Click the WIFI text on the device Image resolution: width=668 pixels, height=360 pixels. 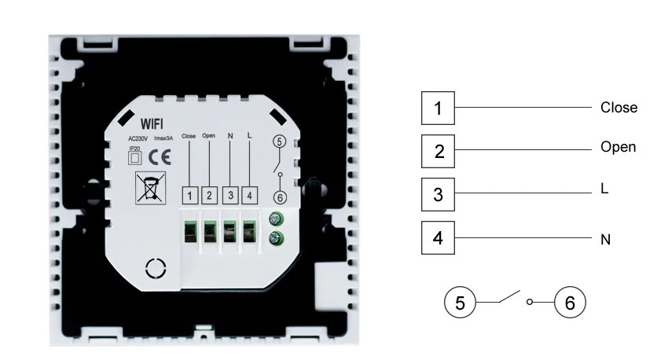(152, 124)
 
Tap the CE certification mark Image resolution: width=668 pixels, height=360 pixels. (160, 158)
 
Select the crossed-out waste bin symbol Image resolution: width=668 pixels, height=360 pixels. (150, 188)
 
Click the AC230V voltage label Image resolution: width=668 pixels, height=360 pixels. (138, 138)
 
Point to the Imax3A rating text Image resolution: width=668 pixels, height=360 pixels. (163, 138)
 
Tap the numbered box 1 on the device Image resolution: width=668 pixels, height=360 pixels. (190, 196)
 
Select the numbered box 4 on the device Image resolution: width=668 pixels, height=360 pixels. (250, 196)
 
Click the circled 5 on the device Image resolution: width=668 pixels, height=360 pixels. (279, 141)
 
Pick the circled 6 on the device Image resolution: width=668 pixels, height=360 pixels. (280, 197)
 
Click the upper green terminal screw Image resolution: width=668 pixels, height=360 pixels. (277, 219)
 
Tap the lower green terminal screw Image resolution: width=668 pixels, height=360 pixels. (277, 238)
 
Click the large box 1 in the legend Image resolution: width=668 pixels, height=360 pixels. (438, 108)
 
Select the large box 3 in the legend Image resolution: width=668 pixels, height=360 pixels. (438, 195)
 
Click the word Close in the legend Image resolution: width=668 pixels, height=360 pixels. (619, 108)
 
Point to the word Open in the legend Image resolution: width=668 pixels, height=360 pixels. (618, 147)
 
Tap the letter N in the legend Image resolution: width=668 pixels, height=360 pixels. (605, 240)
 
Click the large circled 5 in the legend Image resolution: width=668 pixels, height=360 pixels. (460, 303)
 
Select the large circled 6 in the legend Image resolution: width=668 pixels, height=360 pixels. (570, 303)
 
